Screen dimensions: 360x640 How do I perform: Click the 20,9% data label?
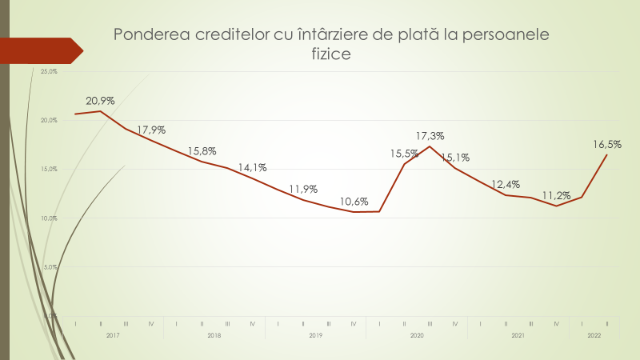(x=101, y=101)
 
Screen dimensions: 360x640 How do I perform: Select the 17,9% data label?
(x=150, y=130)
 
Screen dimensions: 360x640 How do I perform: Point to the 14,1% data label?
(x=252, y=168)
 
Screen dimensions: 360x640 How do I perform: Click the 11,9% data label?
(x=303, y=190)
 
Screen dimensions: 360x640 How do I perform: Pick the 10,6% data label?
(x=354, y=202)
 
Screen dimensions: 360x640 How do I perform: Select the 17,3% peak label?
(x=430, y=136)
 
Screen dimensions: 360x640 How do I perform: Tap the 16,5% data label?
(x=607, y=145)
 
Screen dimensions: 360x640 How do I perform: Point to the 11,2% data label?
(x=556, y=195)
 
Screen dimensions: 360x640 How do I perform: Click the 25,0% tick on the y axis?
(x=49, y=71)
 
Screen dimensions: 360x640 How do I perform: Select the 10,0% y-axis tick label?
(x=49, y=218)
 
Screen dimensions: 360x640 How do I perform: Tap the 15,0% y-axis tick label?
(x=49, y=169)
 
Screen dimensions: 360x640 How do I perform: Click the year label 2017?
(x=113, y=336)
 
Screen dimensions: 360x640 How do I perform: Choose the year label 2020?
(x=417, y=336)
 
